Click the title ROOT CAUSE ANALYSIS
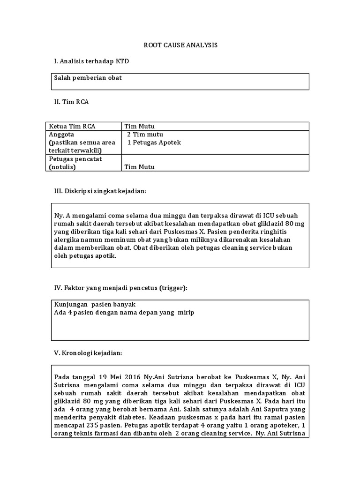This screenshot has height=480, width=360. pyautogui.click(x=180, y=45)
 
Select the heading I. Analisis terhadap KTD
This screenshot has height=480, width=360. pyautogui.click(x=92, y=61)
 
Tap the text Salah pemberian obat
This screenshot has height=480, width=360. pyautogui.click(x=88, y=78)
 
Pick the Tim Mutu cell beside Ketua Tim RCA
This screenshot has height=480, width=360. pyautogui.click(x=139, y=126)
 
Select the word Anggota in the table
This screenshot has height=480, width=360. pyautogui.click(x=61, y=134)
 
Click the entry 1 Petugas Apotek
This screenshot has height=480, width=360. pyautogui.click(x=154, y=142)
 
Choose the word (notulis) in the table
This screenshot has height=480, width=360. pyautogui.click(x=62, y=167)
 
